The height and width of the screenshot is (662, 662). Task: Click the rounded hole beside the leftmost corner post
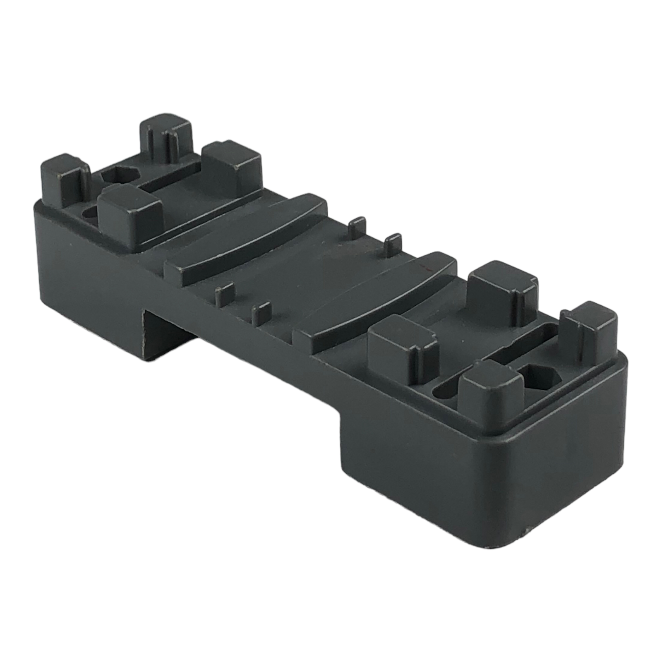coord(90,213)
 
